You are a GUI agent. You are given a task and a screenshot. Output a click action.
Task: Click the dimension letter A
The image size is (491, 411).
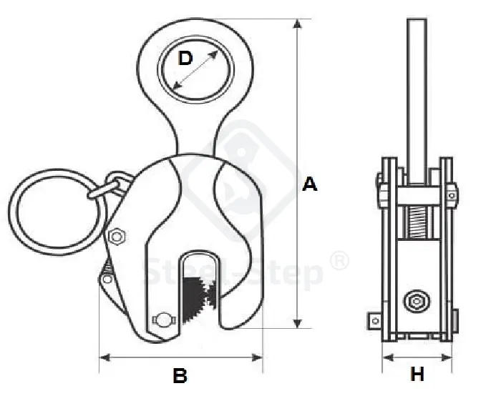tap(309, 184)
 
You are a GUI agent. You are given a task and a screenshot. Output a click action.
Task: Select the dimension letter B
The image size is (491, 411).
tap(180, 375)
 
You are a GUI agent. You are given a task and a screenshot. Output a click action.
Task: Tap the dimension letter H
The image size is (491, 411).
tap(417, 374)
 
